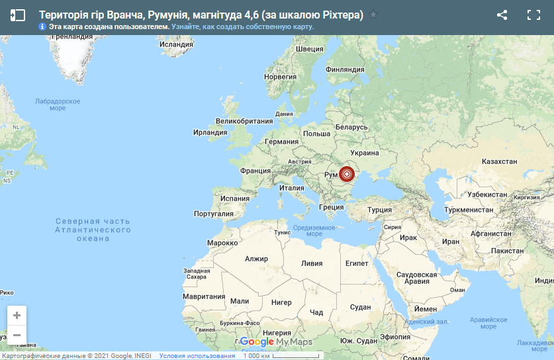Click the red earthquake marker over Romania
tap(347, 175)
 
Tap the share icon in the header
tap(502, 15)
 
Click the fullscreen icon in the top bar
tap(533, 15)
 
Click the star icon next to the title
tap(373, 15)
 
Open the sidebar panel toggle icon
tap(18, 15)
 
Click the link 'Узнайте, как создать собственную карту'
tap(242, 26)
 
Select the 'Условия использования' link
tap(197, 355)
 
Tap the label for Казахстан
tap(499, 161)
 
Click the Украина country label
tap(364, 153)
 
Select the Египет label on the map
tap(357, 263)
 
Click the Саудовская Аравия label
tap(416, 277)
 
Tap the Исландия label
tap(176, 44)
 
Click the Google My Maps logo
tap(275, 341)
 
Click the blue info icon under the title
tap(42, 26)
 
